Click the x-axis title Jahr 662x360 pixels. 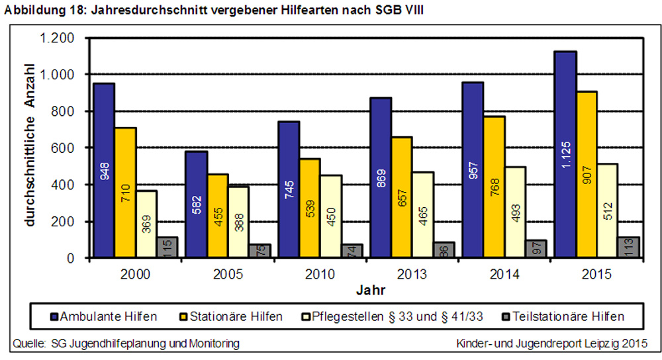(x=367, y=289)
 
